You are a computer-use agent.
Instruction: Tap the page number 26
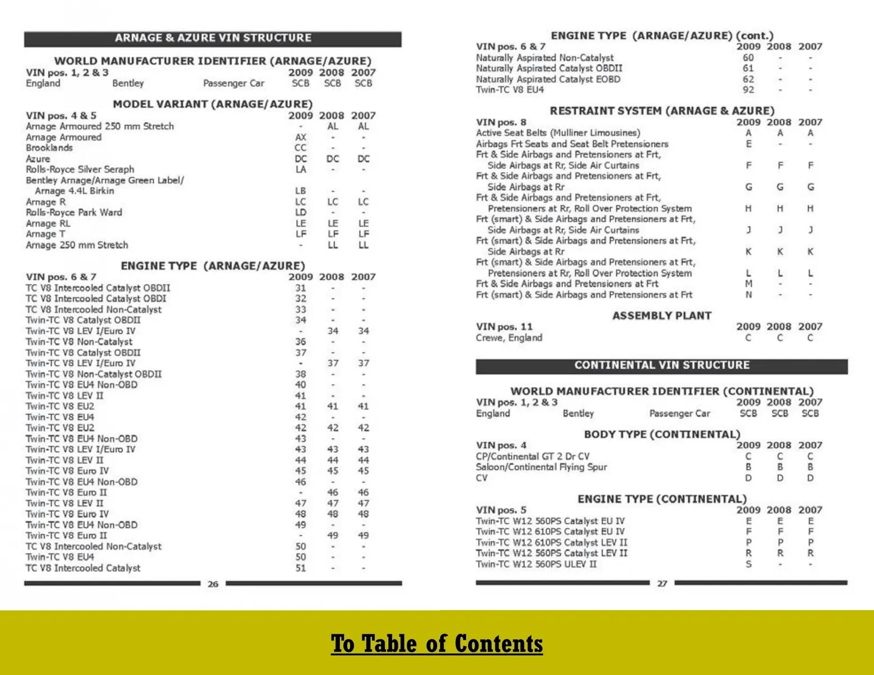(x=213, y=584)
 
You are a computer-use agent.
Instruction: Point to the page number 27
(x=662, y=583)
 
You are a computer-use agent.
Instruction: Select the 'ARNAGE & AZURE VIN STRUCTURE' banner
(x=213, y=38)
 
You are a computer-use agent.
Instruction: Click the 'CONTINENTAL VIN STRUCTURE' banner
(x=662, y=365)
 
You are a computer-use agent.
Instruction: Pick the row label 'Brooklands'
(x=50, y=148)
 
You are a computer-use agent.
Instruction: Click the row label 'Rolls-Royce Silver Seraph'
(x=80, y=169)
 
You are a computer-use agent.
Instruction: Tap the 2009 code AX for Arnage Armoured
(x=301, y=137)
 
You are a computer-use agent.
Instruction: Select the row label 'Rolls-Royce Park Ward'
(x=74, y=213)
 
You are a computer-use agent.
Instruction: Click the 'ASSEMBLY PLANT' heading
(x=662, y=316)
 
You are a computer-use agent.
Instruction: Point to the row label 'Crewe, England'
(x=509, y=338)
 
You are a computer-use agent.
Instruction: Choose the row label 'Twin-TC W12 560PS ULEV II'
(x=536, y=564)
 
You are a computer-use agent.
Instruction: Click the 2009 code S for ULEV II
(x=748, y=564)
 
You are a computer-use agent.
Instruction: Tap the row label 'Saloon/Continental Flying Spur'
(x=541, y=467)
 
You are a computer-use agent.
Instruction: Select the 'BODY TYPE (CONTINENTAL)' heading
(x=662, y=434)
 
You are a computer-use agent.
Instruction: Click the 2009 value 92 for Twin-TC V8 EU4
(x=748, y=90)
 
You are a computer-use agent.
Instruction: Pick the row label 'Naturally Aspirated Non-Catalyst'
(x=545, y=58)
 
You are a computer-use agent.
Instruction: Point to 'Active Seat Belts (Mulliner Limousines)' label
(x=558, y=133)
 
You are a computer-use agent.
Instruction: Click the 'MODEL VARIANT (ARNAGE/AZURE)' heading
(x=213, y=104)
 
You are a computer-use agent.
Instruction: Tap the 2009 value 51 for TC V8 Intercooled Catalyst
(x=301, y=568)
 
